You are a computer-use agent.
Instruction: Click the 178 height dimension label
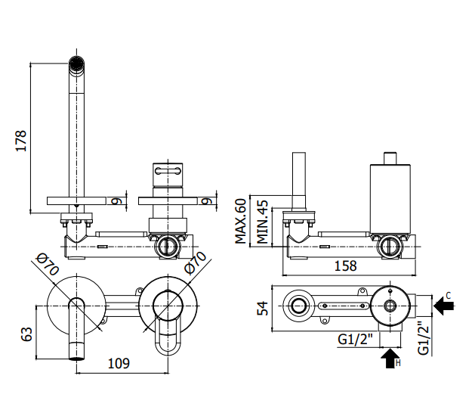[21, 141]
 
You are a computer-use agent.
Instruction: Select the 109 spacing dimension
[119, 363]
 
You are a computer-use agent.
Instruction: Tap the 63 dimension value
[26, 334]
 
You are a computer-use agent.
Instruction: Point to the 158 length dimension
[345, 265]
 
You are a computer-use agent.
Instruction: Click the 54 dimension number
[263, 308]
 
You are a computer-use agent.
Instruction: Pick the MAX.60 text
[241, 221]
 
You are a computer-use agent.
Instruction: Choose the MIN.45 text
[262, 222]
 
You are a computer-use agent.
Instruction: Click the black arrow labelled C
[443, 306]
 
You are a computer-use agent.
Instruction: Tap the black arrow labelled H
[390, 359]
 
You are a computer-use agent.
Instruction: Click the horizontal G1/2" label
[355, 339]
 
